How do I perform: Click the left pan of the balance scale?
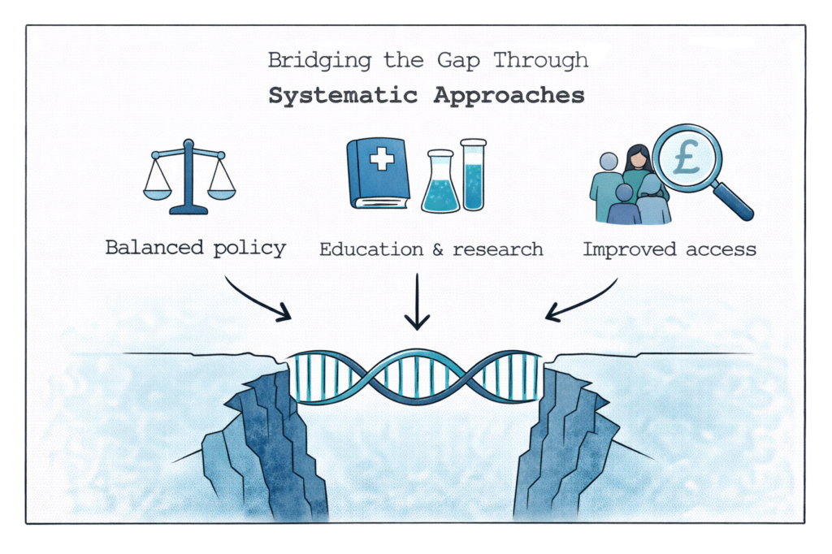click(x=158, y=193)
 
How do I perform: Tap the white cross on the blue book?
click(x=380, y=159)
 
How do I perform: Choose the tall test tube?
click(x=473, y=174)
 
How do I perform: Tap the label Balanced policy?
click(x=196, y=248)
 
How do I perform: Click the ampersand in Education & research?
click(x=435, y=249)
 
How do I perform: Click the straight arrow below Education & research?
click(x=417, y=301)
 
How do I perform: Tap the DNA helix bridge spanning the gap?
click(x=416, y=376)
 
